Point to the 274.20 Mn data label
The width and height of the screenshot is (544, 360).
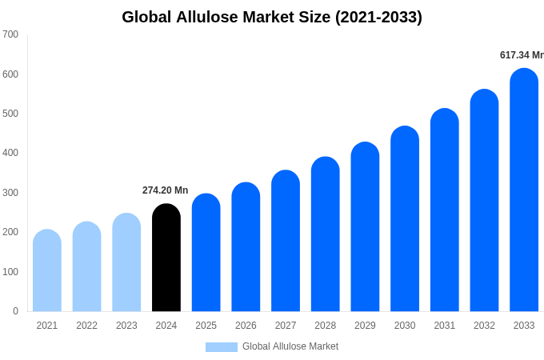pyautogui.click(x=166, y=190)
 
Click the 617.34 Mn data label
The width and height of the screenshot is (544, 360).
pyautogui.click(x=522, y=55)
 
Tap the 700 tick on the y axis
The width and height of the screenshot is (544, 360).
pyautogui.click(x=10, y=34)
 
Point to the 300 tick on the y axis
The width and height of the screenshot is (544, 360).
pyautogui.click(x=10, y=193)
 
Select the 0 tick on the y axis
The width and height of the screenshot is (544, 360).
pyautogui.click(x=15, y=311)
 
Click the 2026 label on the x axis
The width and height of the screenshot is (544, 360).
pyautogui.click(x=246, y=326)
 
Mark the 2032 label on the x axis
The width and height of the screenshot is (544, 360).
pyautogui.click(x=484, y=326)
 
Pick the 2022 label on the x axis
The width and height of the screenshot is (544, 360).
pyautogui.click(x=86, y=326)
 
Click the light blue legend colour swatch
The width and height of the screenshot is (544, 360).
pyautogui.click(x=222, y=347)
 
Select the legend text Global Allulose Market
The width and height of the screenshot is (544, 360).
pyautogui.click(x=290, y=346)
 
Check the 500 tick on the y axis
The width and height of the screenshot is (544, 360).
pyautogui.click(x=10, y=114)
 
